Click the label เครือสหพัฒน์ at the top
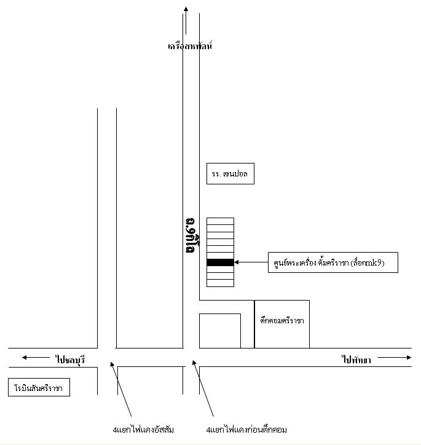189,46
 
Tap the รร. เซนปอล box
230,175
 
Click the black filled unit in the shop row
220,262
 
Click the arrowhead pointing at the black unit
237,262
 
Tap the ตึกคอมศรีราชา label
282,320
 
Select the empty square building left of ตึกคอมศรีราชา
220,331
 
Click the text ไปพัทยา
356,360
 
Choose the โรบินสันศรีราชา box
39,388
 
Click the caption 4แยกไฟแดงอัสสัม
139,429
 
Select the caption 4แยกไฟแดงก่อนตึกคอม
246,429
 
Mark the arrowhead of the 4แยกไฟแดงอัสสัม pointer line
111,363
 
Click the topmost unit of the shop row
220,221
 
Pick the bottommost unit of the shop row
220,283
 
